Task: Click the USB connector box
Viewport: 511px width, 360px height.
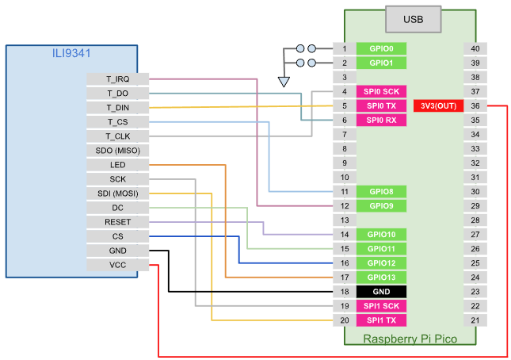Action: click(412, 19)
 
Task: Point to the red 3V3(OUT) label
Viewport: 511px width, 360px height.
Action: click(439, 106)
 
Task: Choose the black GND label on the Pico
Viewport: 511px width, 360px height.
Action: click(382, 291)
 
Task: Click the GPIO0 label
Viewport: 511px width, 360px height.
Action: click(382, 48)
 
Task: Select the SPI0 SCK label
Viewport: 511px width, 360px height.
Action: click(382, 91)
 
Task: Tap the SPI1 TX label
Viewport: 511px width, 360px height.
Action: click(382, 320)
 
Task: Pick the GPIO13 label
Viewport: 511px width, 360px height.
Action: click(382, 277)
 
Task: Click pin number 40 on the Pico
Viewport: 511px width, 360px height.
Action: click(475, 48)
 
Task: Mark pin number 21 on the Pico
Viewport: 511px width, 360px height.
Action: click(475, 320)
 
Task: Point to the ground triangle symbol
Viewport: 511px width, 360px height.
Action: click(284, 80)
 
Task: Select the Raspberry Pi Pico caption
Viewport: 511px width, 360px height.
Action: click(410, 339)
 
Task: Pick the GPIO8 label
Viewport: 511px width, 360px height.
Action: click(382, 191)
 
